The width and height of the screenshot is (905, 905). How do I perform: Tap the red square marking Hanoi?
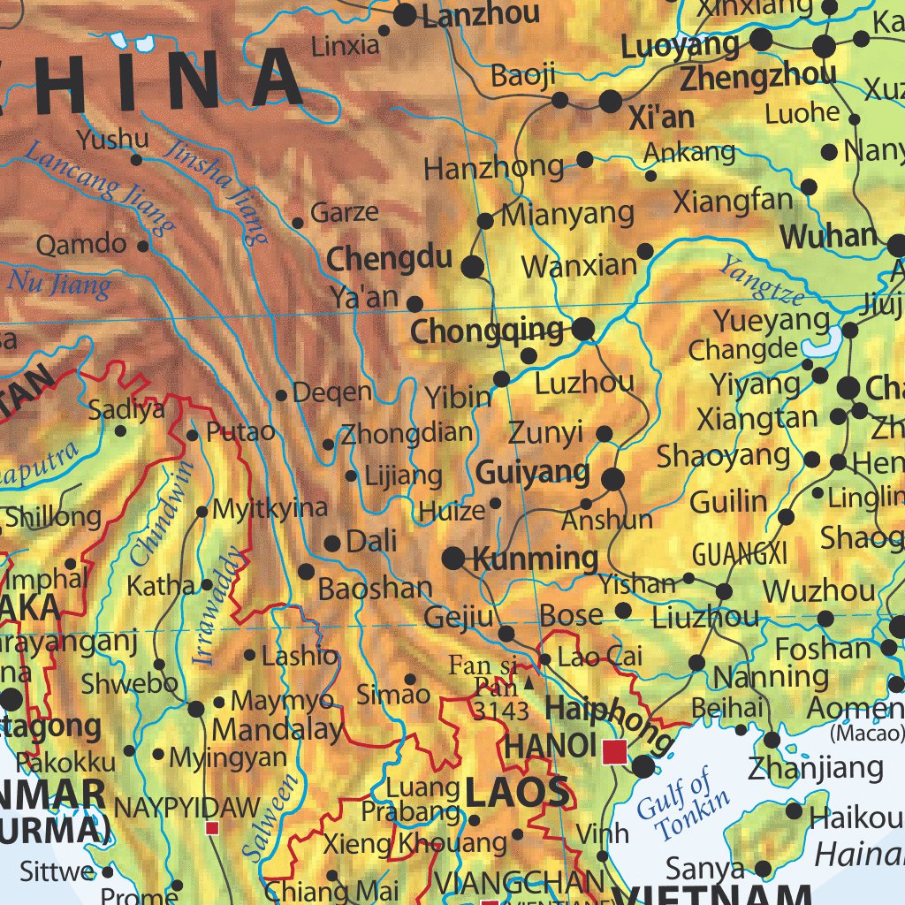614,752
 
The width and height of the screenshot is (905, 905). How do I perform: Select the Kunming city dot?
453,558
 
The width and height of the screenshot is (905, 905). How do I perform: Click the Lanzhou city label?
481,15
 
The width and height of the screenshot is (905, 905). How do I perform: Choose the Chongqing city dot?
583,331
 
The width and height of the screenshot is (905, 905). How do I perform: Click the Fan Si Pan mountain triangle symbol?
529,682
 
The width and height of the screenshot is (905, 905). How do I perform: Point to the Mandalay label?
278,730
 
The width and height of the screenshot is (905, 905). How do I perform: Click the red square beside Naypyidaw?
212,828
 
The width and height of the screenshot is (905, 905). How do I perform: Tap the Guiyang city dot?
612,480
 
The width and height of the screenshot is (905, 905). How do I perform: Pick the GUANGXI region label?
739,554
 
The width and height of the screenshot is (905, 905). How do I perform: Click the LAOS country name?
517,793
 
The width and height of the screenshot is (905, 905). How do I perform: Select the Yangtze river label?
761,279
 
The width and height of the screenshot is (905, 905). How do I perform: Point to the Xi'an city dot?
611,101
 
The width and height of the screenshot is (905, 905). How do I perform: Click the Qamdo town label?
81,244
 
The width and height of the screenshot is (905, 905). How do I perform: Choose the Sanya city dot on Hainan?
762,868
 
